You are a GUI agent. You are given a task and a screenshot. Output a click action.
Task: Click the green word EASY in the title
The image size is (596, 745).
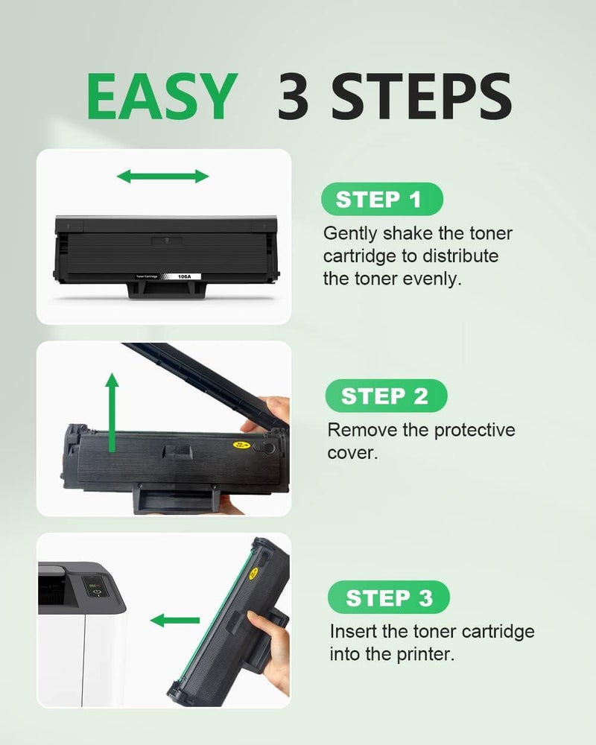click(x=162, y=96)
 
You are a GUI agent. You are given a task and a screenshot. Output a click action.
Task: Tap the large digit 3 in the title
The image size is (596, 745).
click(x=293, y=96)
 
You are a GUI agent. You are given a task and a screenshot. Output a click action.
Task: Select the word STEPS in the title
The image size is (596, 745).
click(x=421, y=96)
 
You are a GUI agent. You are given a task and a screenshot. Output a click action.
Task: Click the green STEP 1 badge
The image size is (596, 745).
click(x=382, y=199)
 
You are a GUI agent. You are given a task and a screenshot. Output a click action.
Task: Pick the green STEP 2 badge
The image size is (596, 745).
click(x=386, y=396)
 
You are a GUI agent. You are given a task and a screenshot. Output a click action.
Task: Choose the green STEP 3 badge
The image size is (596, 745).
click(x=389, y=597)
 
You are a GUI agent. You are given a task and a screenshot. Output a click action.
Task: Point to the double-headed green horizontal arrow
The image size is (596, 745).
click(x=162, y=177)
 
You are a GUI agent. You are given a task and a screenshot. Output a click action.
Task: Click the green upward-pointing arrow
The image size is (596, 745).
click(x=112, y=412)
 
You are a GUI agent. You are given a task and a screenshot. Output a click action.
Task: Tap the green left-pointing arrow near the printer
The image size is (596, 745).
click(x=175, y=620)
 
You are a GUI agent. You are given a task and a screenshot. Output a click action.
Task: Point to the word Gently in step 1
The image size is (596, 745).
click(x=350, y=234)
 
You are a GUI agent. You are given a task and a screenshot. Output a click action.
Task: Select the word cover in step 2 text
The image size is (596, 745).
click(x=351, y=453)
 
